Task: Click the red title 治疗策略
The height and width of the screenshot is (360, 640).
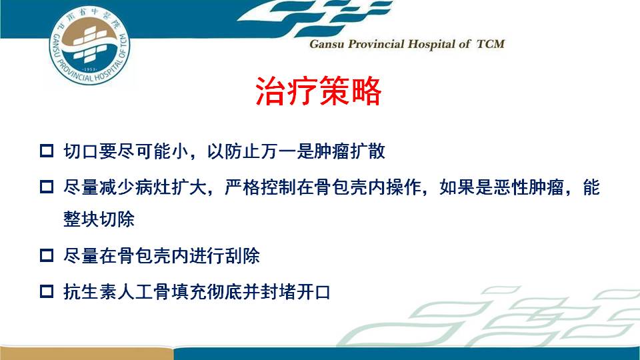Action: tap(319, 91)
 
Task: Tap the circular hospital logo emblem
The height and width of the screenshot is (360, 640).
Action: tap(89, 45)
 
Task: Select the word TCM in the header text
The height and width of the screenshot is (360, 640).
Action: tap(491, 44)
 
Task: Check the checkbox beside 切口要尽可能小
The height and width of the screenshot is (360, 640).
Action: tap(47, 151)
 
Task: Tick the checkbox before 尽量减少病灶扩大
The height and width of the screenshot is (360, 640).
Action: tap(47, 187)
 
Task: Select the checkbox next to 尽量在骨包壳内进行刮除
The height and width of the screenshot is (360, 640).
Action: tap(47, 255)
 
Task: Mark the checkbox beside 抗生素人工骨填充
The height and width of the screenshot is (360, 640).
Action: tap(47, 291)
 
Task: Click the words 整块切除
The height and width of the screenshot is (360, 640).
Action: tap(99, 219)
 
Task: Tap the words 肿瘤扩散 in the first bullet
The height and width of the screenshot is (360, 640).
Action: tap(349, 151)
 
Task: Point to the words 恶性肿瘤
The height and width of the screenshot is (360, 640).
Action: tap(529, 187)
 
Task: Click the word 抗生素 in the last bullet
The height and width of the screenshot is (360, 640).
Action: tap(90, 292)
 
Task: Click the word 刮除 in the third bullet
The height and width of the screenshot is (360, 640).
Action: tap(242, 256)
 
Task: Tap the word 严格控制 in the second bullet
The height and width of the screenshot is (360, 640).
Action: tap(260, 187)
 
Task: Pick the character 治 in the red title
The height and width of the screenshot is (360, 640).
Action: tap(271, 91)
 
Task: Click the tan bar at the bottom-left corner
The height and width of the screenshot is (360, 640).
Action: tap(86, 353)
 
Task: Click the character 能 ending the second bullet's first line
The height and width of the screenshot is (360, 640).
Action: tap(591, 187)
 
